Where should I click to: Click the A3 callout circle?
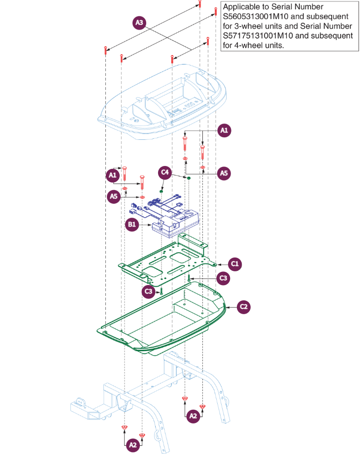(140, 23)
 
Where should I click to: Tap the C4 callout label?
(165, 173)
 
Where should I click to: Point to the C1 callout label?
(235, 264)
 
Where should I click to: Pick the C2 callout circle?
(243, 307)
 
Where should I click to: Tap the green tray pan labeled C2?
(163, 320)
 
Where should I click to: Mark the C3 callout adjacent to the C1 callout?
(224, 278)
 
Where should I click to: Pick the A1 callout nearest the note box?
(225, 130)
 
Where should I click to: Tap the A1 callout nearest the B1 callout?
(112, 175)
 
